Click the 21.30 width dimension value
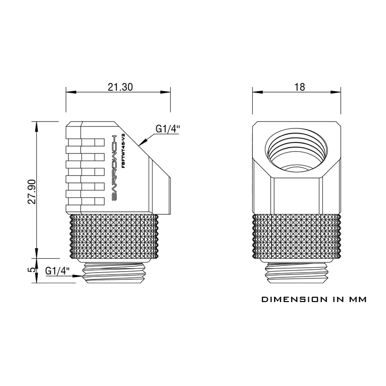pos(120,87)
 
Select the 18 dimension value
pos(300,87)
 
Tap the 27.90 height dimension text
pos(32,192)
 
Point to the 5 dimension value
pos(32,270)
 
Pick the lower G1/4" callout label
pos(57,271)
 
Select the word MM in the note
pos(357,299)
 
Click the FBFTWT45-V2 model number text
pos(124,150)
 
